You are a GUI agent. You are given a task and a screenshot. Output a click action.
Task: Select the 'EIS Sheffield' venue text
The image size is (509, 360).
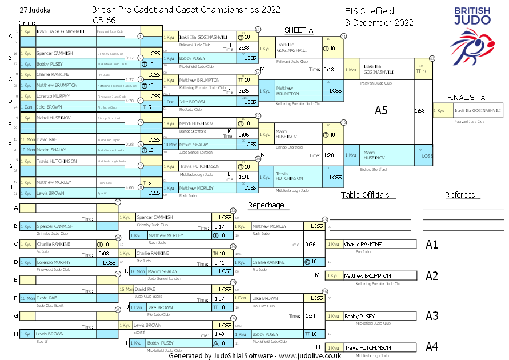click(x=370, y=11)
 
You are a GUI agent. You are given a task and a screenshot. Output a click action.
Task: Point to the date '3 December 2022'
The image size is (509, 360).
click(x=379, y=22)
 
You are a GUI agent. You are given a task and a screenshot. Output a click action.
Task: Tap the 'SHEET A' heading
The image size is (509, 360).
click(x=299, y=30)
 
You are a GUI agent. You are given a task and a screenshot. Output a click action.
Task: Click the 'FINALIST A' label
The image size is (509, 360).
click(x=466, y=97)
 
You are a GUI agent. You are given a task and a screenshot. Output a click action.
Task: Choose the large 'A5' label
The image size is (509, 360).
click(x=381, y=110)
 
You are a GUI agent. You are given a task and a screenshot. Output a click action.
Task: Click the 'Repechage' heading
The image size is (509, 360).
click(x=266, y=205)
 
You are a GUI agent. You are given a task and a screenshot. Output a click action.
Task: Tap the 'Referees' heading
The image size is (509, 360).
click(x=460, y=195)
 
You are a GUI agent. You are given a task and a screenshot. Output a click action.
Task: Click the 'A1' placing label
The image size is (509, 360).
click(x=432, y=245)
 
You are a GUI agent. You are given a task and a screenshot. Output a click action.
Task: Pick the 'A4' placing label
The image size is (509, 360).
click(x=432, y=346)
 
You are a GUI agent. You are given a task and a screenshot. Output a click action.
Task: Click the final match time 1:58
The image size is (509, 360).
click(x=419, y=110)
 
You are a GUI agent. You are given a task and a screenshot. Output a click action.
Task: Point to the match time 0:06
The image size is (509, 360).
click(x=243, y=134)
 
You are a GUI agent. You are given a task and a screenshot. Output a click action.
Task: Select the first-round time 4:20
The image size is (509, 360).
click(x=129, y=101)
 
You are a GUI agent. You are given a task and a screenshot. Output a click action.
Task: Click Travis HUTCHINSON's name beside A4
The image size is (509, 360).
click(x=367, y=347)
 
